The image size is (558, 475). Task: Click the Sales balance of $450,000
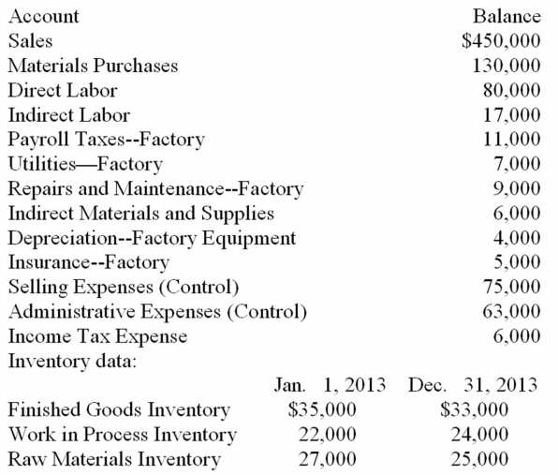[x=503, y=40]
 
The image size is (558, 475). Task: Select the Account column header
[x=43, y=16]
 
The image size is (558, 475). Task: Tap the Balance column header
[x=507, y=16]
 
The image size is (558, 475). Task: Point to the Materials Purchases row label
[x=93, y=66]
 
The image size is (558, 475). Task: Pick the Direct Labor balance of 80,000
[x=514, y=91]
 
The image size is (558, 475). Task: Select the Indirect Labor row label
[x=68, y=116]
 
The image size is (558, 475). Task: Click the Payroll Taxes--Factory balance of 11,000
[x=514, y=141]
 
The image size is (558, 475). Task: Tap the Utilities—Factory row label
[x=84, y=165]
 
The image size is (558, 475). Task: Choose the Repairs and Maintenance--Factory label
[x=155, y=189]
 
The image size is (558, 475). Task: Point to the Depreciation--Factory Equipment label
[x=152, y=238]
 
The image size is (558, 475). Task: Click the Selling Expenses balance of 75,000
[x=514, y=287]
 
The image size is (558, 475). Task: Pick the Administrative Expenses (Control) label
[x=158, y=311]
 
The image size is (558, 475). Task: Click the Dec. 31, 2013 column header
[x=473, y=385]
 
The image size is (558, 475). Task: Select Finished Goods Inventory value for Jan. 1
[x=322, y=409]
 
